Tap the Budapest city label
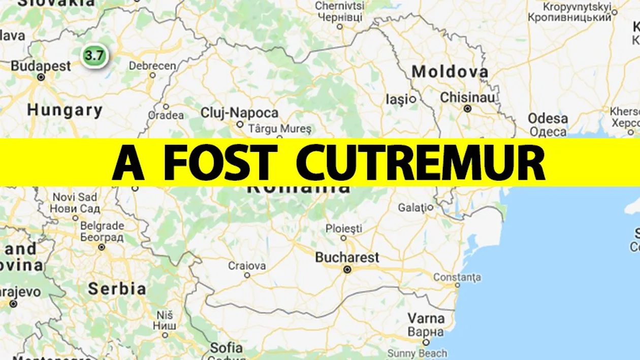(41, 66)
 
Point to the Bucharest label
(347, 257)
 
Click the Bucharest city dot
(347, 269)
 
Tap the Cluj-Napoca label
(240, 113)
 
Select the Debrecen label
(152, 66)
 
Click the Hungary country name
(65, 110)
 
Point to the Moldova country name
(450, 72)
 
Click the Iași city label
(397, 100)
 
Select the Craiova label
(247, 266)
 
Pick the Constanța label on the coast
(457, 278)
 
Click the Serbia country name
(117, 289)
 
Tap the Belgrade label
(102, 225)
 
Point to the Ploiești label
(344, 228)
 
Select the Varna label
(426, 319)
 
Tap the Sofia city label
(227, 348)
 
